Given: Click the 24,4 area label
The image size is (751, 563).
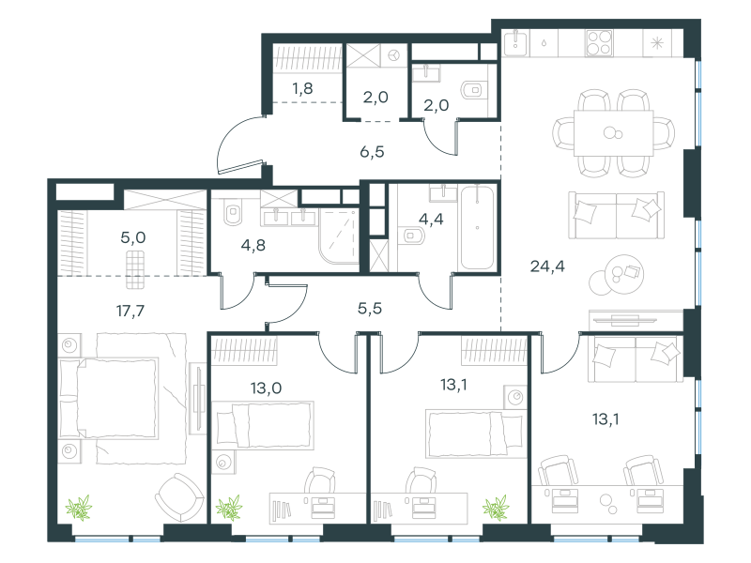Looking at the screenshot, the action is click(x=547, y=266).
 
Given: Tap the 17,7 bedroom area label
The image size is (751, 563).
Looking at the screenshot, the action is click(x=130, y=312).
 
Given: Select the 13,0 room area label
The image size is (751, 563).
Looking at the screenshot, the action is click(x=266, y=388).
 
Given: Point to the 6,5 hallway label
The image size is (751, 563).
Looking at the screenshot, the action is click(x=372, y=152).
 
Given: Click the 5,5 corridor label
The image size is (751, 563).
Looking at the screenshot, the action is click(x=370, y=309).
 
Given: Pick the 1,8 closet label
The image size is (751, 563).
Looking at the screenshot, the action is click(x=302, y=88).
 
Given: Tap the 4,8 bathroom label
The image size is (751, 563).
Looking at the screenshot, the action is click(x=253, y=245).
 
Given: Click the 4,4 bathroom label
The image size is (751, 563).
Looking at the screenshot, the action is click(x=431, y=219).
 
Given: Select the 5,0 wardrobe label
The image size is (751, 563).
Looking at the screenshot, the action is click(x=133, y=237).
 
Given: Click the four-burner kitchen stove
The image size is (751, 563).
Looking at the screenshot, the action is click(x=599, y=43).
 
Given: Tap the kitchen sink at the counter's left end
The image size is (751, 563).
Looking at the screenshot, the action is click(x=515, y=42).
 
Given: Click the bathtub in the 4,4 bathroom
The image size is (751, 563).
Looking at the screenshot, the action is click(x=477, y=228).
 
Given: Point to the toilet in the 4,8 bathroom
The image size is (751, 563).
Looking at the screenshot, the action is click(x=233, y=211).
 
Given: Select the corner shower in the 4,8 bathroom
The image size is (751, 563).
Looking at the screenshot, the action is click(x=339, y=236).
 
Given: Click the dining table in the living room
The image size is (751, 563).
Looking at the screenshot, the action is click(x=614, y=133).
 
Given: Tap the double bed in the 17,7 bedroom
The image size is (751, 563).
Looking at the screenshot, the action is click(x=108, y=398).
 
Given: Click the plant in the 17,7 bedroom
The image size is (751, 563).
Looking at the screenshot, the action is click(x=79, y=508).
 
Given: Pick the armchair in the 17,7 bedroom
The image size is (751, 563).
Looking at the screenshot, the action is click(x=179, y=497).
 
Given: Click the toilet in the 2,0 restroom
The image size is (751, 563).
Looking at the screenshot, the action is click(x=471, y=89).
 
